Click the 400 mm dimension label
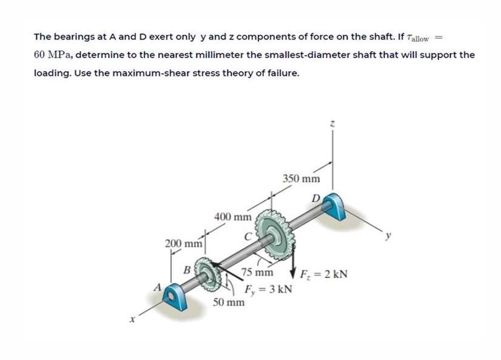point(232,217)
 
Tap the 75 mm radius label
point(257,273)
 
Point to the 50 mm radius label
point(229,301)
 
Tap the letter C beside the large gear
point(247,236)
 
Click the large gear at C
point(277,237)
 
